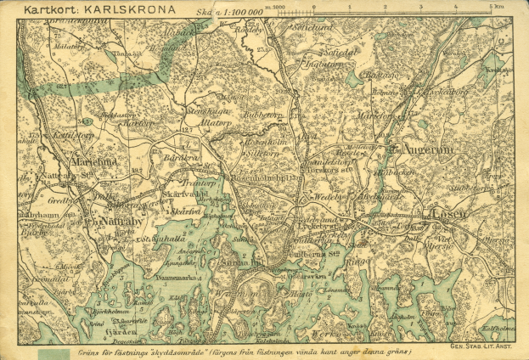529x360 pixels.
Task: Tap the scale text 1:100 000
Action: tap(239, 14)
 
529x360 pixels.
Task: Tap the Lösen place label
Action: tap(449, 214)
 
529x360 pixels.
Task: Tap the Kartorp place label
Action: tap(138, 123)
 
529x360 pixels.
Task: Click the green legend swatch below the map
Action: tap(53, 352)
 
